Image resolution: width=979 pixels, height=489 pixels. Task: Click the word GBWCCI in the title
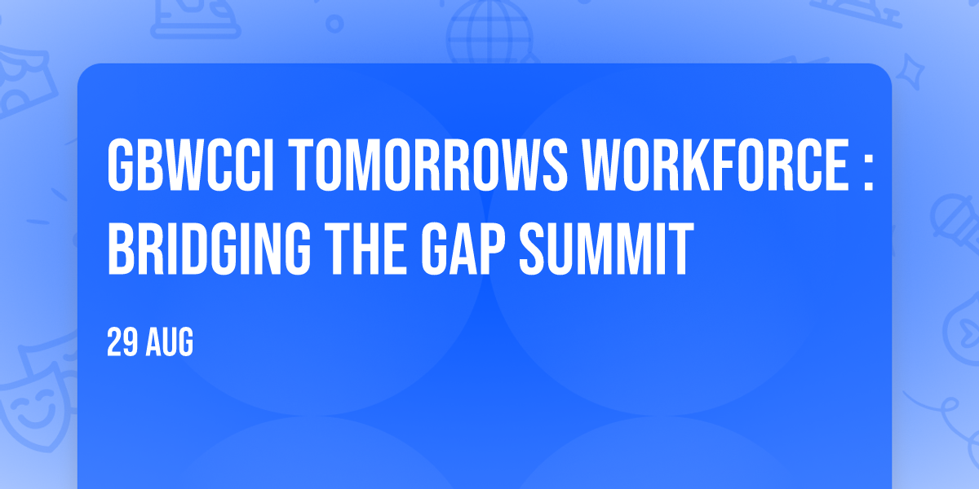[191, 165]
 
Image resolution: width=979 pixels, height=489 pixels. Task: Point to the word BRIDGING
[209, 249]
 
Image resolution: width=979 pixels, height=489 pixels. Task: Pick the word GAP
[463, 249]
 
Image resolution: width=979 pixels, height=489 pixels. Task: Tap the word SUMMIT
[607, 249]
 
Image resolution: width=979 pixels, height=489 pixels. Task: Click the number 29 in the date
[122, 341]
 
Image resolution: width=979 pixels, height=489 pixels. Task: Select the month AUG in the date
[170, 341]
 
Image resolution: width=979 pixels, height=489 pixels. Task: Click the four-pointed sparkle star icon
[910, 72]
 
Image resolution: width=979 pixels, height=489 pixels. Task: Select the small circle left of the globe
[334, 24]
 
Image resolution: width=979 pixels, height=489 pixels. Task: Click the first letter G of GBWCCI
[120, 165]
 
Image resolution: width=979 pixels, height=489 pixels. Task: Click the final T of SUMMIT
[680, 249]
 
